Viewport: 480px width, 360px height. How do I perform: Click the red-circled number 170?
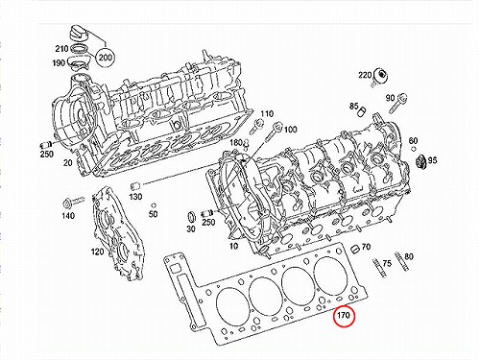345,316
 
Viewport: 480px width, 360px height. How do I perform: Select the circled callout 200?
105,58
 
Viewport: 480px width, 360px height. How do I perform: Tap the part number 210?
61,49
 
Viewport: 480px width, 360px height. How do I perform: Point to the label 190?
59,63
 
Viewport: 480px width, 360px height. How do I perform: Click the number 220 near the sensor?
365,75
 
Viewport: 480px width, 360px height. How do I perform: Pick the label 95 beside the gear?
432,160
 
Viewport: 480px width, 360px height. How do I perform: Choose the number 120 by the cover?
98,252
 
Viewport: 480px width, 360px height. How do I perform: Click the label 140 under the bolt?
68,216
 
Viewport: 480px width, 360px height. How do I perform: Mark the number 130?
135,196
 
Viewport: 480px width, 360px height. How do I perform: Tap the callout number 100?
290,130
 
